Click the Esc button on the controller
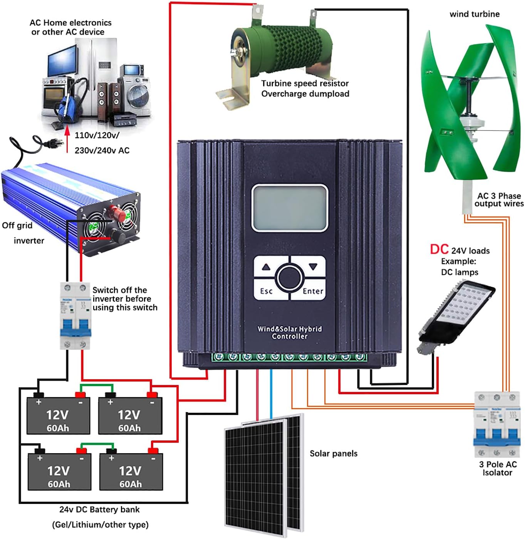pos(267,291)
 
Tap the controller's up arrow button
pos(266,267)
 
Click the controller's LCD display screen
pos(289,208)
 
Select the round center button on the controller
pos(290,278)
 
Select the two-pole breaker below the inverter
pos(75,316)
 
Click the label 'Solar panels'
pos(334,454)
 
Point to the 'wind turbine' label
pos(475,14)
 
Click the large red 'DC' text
pos(439,249)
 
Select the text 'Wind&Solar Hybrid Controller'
pos(290,333)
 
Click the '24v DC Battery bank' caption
pos(99,510)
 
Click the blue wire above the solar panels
pos(271,393)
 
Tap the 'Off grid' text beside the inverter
pos(17,225)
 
